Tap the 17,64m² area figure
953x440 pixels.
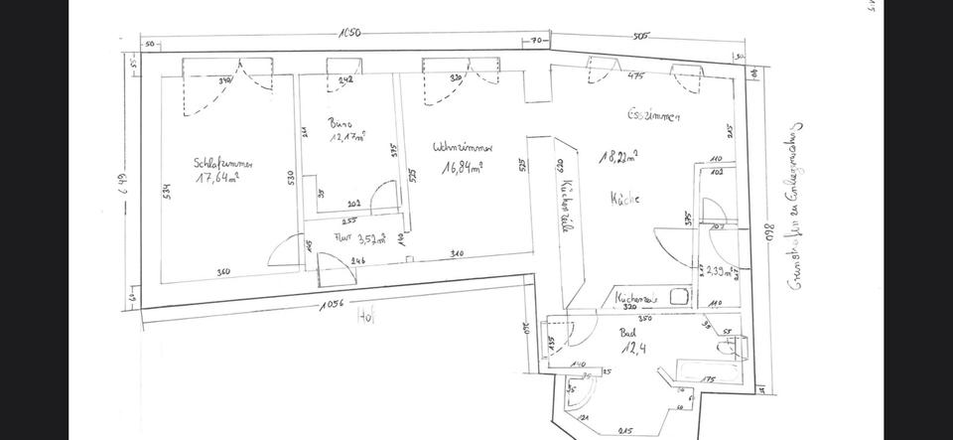pyautogui.click(x=216, y=179)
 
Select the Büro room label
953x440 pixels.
pyautogui.click(x=340, y=124)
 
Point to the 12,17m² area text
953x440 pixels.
pyautogui.click(x=346, y=137)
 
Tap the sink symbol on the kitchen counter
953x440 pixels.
pyautogui.click(x=680, y=296)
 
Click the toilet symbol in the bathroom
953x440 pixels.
pyautogui.click(x=730, y=347)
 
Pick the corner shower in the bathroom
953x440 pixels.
pyautogui.click(x=579, y=396)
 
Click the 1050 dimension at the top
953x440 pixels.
pyautogui.click(x=348, y=33)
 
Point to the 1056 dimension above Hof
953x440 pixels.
pyautogui.click(x=332, y=304)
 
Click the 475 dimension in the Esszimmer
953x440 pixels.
pyautogui.click(x=636, y=74)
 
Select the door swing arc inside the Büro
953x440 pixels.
pyautogui.click(x=382, y=199)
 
